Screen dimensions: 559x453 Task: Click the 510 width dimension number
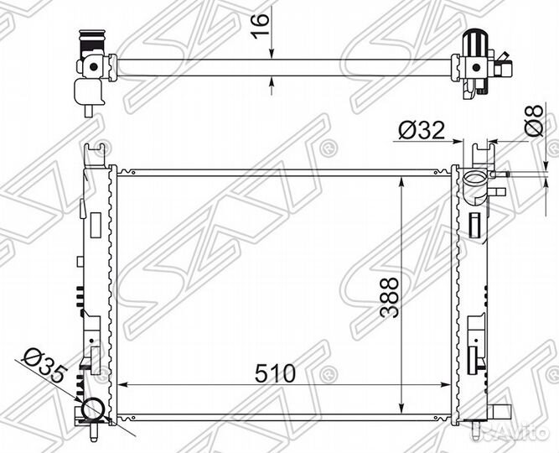tap(275, 373)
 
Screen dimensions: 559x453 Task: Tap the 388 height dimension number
tap(389, 298)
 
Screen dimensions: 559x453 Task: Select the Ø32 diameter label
tap(422, 131)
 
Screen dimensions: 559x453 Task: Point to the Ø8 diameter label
tap(534, 121)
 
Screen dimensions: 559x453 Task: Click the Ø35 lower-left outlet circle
tap(93, 409)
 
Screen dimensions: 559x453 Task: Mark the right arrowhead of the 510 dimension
tap(446, 385)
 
